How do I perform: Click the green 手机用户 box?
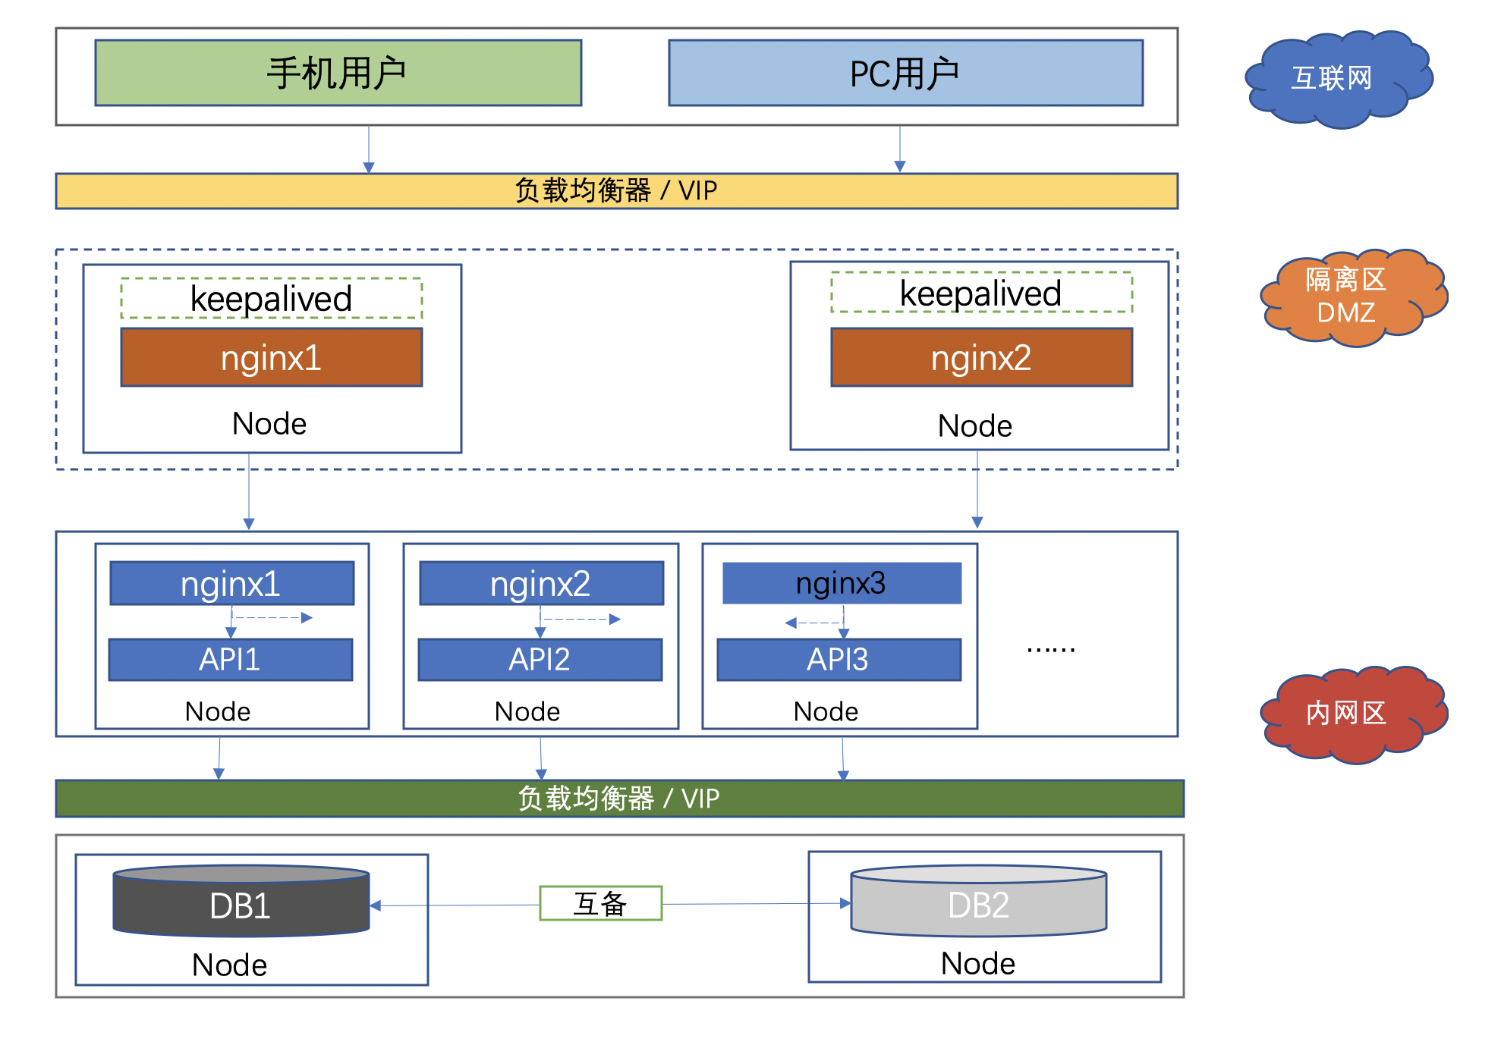[x=338, y=73]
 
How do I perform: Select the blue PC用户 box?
[x=905, y=73]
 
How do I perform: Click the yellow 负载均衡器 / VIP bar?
[x=616, y=191]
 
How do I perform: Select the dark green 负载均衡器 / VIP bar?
[x=619, y=799]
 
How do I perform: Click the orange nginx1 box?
[x=271, y=358]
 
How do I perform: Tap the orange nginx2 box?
[x=981, y=358]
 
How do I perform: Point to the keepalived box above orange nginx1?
[x=271, y=299]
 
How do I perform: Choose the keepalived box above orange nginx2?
[x=981, y=293]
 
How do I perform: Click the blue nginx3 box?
[x=842, y=583]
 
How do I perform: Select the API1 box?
[x=230, y=660]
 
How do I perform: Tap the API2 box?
[x=540, y=660]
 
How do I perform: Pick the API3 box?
[x=839, y=660]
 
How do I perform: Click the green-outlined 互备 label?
[x=600, y=903]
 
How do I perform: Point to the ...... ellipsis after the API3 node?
[x=1050, y=649]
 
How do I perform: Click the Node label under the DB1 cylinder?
[x=229, y=965]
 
